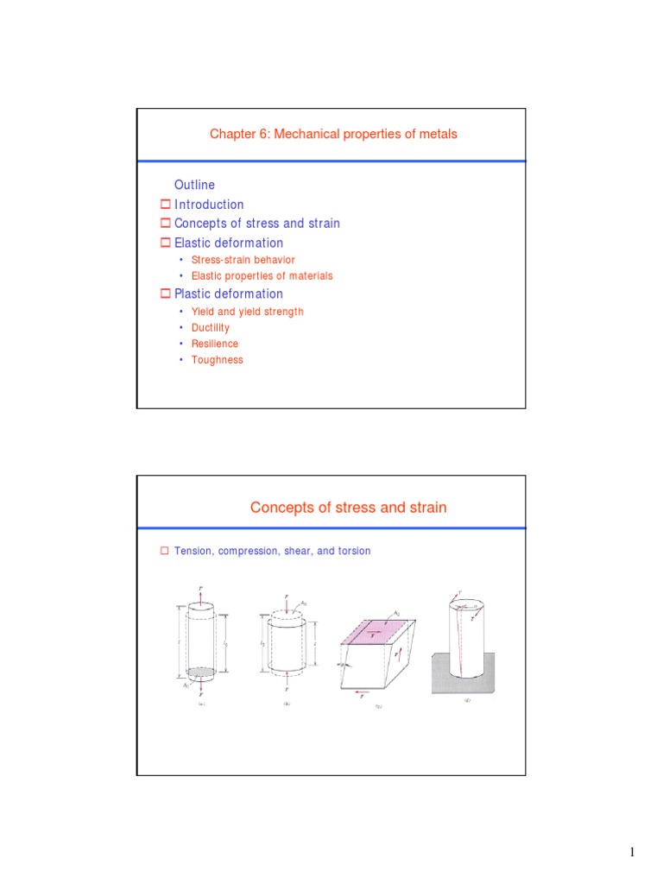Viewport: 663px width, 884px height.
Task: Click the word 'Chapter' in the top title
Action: (231, 134)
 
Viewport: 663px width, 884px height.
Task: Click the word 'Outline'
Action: (194, 185)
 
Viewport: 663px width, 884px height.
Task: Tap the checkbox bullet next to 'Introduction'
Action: (166, 205)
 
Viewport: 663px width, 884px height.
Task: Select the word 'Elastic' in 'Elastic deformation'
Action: (193, 243)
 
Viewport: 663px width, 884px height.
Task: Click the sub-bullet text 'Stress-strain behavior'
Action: (243, 260)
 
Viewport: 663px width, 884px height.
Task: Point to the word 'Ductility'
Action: (210, 328)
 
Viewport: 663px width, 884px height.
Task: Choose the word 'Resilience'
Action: (214, 344)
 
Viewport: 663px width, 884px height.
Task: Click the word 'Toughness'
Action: (217, 360)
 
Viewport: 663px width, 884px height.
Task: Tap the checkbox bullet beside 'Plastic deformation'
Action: (166, 294)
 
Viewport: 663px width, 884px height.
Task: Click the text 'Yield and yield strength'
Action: (247, 312)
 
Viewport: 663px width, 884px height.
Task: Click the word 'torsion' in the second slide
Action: (353, 551)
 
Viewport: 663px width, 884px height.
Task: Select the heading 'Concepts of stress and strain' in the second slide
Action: (348, 508)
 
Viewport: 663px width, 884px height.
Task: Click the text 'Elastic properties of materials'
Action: (262, 276)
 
